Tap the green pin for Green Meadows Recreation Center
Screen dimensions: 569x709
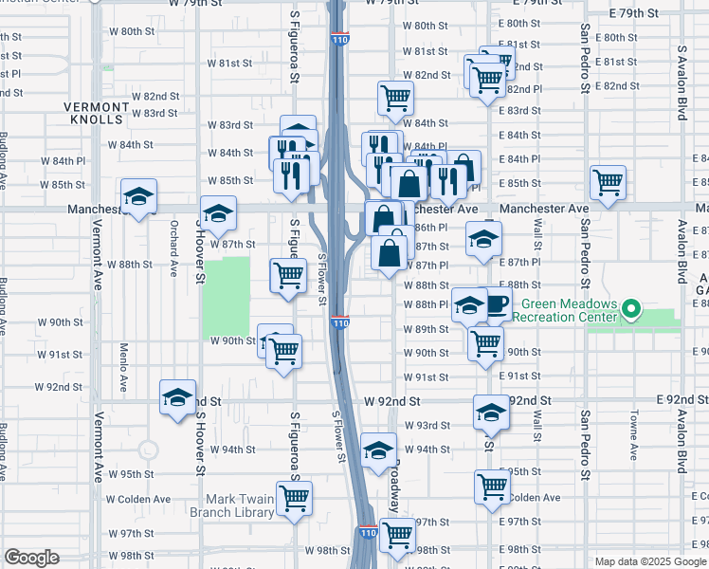coord(634,310)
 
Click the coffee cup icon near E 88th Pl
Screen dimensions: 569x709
coord(496,305)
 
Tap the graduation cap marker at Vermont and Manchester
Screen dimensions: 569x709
coord(139,197)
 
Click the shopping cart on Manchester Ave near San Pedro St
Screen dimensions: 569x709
coord(608,180)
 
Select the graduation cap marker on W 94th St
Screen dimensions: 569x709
coord(378,450)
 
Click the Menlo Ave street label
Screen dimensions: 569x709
coord(124,370)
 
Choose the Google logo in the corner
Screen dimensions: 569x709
coord(32,558)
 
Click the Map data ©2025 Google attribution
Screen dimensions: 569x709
coord(649,561)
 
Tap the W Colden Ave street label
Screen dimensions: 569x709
coord(138,499)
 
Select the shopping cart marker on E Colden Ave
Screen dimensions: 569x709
coord(492,486)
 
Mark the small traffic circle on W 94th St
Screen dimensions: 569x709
coord(148,450)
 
